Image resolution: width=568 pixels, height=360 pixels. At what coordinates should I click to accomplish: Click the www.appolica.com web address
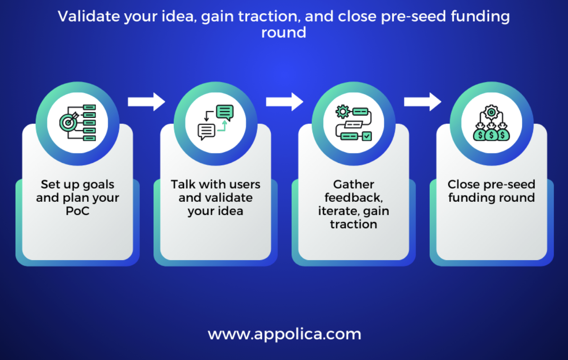point(284,334)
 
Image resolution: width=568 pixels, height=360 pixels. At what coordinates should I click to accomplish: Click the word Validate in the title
point(89,16)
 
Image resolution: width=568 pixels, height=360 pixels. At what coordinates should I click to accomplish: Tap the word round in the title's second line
point(284,33)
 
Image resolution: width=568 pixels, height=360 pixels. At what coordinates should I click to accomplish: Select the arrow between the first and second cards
point(147,102)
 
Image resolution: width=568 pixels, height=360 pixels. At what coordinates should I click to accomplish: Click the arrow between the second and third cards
point(284,102)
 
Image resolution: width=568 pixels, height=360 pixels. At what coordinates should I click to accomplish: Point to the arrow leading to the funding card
point(422,102)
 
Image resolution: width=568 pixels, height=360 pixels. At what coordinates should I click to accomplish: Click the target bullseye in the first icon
point(68,123)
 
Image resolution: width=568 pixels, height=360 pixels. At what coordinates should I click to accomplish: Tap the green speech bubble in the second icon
point(225,112)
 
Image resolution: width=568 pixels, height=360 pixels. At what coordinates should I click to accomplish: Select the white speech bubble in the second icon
point(206,132)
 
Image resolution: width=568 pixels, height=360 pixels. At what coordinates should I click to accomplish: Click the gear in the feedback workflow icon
point(343,112)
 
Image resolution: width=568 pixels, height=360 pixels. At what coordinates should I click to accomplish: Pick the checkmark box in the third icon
point(367,136)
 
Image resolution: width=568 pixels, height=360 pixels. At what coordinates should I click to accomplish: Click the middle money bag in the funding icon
point(491,135)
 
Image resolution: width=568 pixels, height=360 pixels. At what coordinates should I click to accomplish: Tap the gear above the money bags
point(491,112)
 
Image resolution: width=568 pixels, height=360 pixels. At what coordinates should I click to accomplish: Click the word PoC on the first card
point(78,211)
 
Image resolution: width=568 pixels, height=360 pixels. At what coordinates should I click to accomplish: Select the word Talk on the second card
point(183,184)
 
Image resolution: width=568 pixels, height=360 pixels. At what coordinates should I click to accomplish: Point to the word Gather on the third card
point(354,184)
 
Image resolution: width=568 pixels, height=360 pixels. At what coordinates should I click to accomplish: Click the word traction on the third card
point(354,225)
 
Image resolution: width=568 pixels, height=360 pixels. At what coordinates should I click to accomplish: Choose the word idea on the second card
point(230,211)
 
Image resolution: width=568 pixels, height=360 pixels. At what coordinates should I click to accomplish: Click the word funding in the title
point(480,17)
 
